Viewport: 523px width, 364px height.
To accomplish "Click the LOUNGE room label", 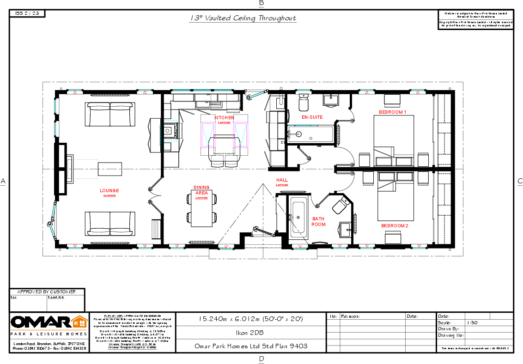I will click(x=109, y=190).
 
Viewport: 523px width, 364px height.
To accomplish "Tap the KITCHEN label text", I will click(x=224, y=118).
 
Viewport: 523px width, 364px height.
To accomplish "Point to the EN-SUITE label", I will click(x=312, y=117).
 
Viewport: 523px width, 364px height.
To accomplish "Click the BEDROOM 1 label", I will click(x=392, y=112).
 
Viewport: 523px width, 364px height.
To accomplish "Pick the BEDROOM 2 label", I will click(x=395, y=225).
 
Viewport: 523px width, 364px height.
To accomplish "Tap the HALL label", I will click(x=282, y=180).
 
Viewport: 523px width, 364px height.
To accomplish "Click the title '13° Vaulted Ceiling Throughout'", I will click(x=243, y=18).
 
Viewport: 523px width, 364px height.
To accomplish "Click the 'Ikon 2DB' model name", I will click(x=250, y=332).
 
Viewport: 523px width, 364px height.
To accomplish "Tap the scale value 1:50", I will click(x=472, y=322).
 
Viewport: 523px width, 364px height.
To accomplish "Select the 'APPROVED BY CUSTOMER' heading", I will click(x=46, y=292).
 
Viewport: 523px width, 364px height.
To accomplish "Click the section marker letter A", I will click(x=3, y=181).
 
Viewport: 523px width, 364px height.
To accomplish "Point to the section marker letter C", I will click(x=520, y=181).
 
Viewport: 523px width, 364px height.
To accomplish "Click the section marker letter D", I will click(x=261, y=359).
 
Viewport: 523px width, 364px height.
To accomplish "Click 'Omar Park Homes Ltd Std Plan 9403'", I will click(x=250, y=346).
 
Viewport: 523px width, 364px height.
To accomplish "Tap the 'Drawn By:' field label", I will click(x=448, y=329).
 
